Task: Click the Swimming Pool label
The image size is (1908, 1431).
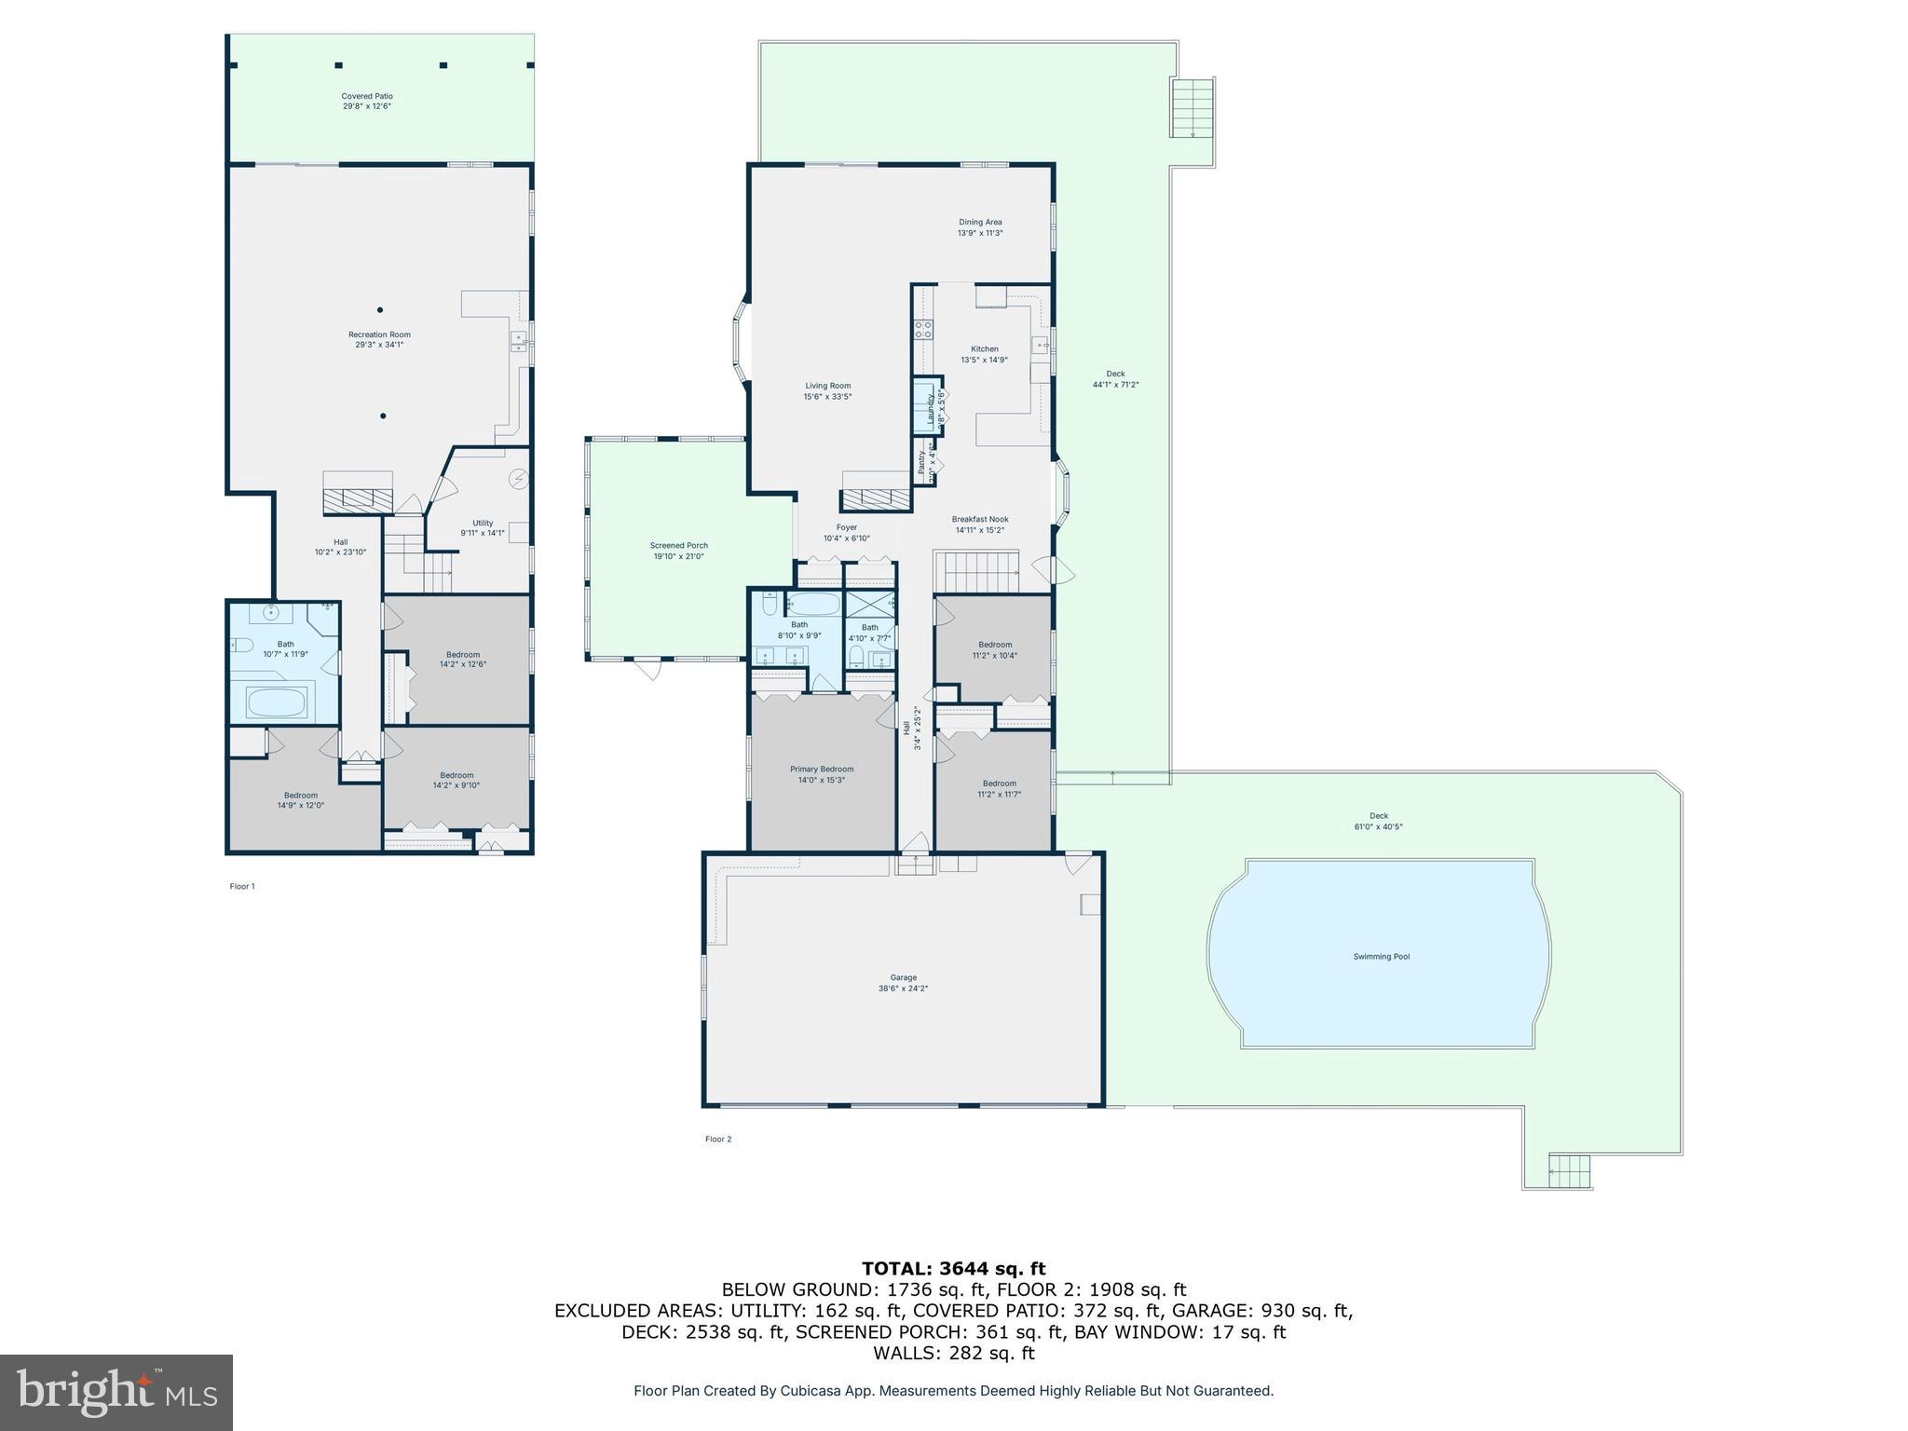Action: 1381,957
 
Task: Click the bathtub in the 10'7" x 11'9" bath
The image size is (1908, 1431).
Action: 277,702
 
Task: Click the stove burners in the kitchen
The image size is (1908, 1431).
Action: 924,329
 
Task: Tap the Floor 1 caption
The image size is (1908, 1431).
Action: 242,886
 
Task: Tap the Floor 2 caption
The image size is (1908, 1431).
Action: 718,1138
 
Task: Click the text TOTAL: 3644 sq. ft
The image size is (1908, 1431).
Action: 953,1268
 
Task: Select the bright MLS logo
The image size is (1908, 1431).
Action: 116,1392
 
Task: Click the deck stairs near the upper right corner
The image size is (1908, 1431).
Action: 1192,108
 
